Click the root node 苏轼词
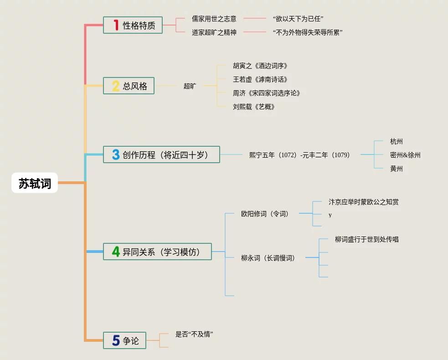click(35, 183)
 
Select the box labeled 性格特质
click(133, 25)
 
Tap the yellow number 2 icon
click(115, 86)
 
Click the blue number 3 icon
click(115, 154)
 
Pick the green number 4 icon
click(116, 252)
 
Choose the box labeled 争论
click(124, 340)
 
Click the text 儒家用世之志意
click(214, 19)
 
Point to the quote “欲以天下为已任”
click(298, 19)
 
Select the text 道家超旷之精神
click(214, 32)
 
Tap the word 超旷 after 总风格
click(190, 86)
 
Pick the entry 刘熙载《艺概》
click(254, 107)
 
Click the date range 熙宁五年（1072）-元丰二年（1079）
click(299, 155)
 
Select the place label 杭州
click(397, 141)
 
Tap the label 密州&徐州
click(405, 155)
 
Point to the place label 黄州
click(397, 169)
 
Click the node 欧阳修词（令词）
click(265, 213)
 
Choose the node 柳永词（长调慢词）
click(268, 258)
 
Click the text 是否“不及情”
click(195, 334)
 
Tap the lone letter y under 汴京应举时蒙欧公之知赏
click(330, 215)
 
